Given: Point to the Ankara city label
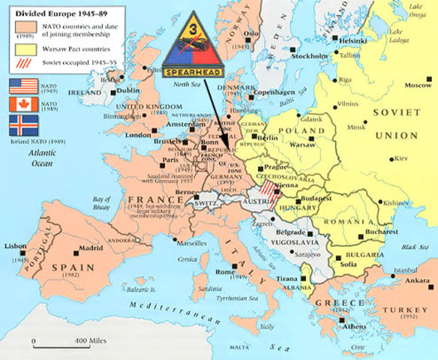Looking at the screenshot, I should tap(416, 280).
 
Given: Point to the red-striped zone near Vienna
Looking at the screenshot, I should tap(265, 182).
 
